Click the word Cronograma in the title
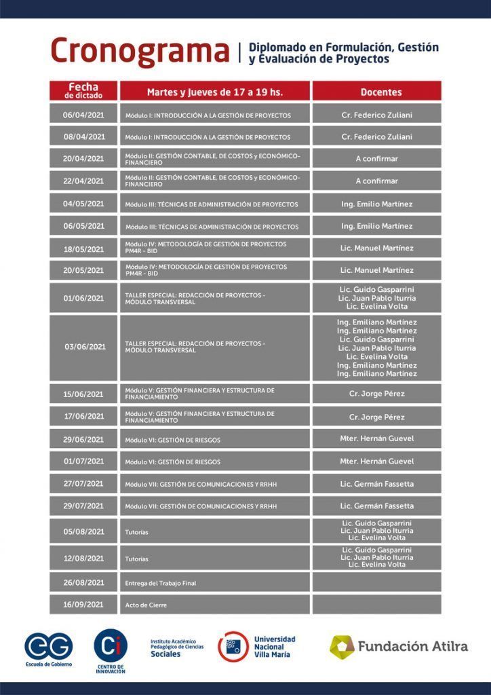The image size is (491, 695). click(x=140, y=52)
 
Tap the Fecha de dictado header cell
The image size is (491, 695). click(x=83, y=91)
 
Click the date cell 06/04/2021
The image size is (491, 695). click(x=83, y=115)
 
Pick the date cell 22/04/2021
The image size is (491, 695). click(x=83, y=181)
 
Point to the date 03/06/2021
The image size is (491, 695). click(x=85, y=347)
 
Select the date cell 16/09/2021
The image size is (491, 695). click(x=83, y=604)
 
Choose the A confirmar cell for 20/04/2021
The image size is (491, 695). click(x=376, y=159)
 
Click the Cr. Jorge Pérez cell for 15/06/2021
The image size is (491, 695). click(x=376, y=394)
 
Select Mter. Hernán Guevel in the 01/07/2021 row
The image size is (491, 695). click(x=376, y=462)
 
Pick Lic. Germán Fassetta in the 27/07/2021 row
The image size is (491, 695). click(x=376, y=484)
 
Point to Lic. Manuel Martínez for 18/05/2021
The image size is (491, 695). click(x=376, y=248)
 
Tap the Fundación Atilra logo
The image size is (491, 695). click(x=399, y=646)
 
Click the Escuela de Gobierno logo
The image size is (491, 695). click(x=48, y=649)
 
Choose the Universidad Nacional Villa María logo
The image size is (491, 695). click(x=256, y=646)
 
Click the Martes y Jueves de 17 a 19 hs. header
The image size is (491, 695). click(x=214, y=92)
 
